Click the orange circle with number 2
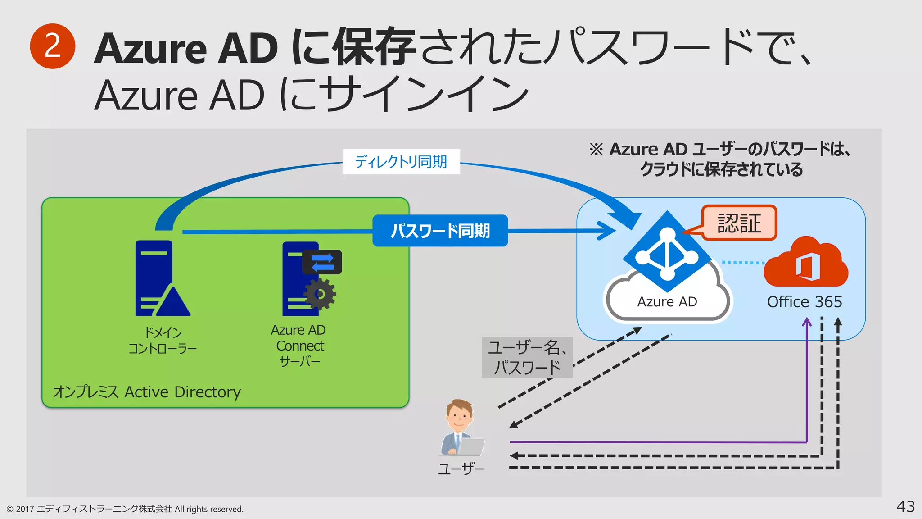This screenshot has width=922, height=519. (52, 46)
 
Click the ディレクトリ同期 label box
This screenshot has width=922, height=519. (401, 161)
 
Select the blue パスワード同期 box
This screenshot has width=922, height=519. (440, 231)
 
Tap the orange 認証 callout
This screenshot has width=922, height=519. (739, 223)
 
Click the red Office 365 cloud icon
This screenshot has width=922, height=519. (806, 264)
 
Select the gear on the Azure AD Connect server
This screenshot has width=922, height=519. (320, 294)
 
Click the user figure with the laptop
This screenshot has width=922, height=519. (461, 428)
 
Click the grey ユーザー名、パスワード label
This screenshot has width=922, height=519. (527, 357)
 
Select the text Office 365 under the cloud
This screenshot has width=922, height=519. (804, 302)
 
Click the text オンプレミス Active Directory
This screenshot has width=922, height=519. (147, 392)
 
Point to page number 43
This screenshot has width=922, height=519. (905, 506)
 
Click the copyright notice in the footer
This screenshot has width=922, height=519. (125, 509)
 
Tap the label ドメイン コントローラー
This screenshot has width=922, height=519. (163, 341)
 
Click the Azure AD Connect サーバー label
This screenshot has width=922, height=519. (299, 346)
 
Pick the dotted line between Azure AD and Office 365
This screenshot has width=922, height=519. (743, 262)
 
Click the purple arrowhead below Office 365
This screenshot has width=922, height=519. (807, 323)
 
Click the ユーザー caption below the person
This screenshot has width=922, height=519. (461, 469)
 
